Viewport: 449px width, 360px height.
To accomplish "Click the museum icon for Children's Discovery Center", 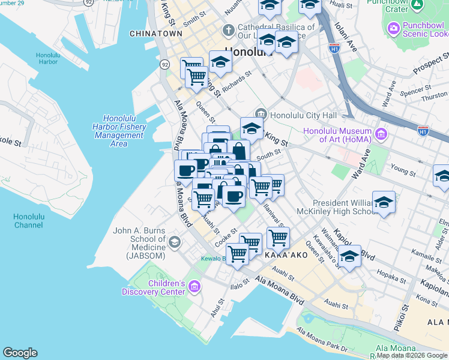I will (x=194, y=287).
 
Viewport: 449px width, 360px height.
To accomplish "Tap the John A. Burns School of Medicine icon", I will (x=175, y=242).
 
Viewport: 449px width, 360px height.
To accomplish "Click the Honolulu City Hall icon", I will (x=261, y=114).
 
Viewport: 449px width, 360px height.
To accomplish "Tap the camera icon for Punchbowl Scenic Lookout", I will (x=394, y=28).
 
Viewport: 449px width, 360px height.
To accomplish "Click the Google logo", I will (x=20, y=353).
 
